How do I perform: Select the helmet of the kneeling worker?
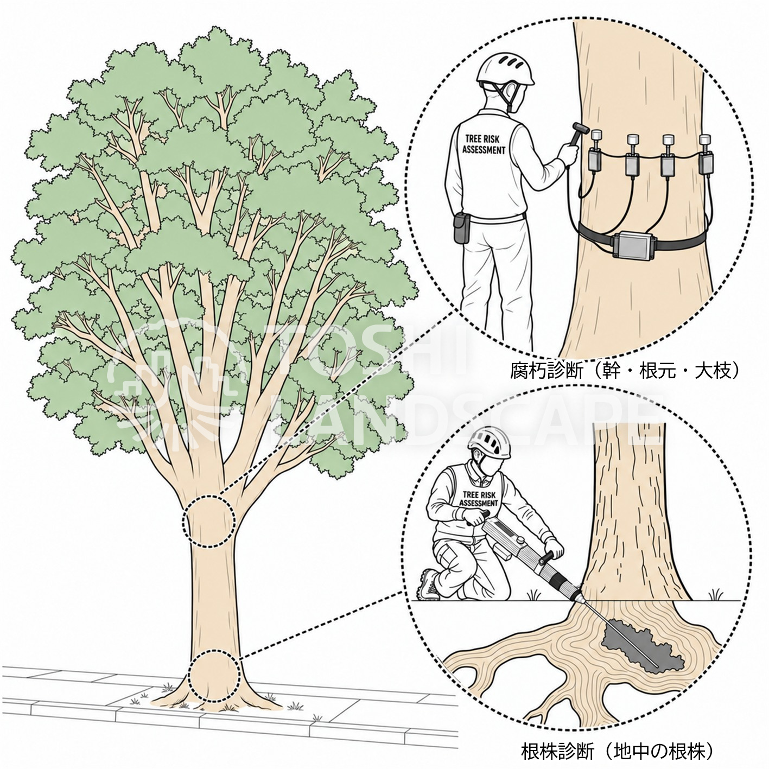pos(490,442)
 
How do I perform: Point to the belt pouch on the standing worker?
pos(463,228)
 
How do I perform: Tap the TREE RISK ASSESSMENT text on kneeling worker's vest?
pos(479,499)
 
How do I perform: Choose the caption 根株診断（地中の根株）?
pos(618,741)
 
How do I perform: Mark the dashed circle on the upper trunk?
pos(209,521)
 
